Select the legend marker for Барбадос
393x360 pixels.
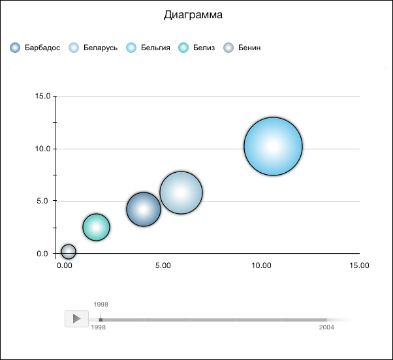[16, 48]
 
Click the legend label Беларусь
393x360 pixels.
[101, 48]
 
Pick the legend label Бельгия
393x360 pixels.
[155, 48]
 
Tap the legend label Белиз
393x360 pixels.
[204, 48]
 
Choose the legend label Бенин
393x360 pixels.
[249, 48]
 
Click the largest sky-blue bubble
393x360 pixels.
[273, 147]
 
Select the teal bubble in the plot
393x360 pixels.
[96, 227]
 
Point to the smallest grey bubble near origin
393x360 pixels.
[69, 251]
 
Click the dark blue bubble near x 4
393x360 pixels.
[143, 209]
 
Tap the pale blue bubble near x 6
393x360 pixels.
[181, 192]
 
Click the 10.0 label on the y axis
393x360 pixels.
[42, 149]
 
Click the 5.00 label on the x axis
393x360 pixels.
[163, 265]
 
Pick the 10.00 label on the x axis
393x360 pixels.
[261, 265]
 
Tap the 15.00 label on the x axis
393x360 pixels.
[359, 265]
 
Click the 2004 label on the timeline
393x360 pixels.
[326, 327]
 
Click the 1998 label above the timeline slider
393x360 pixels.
[101, 305]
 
